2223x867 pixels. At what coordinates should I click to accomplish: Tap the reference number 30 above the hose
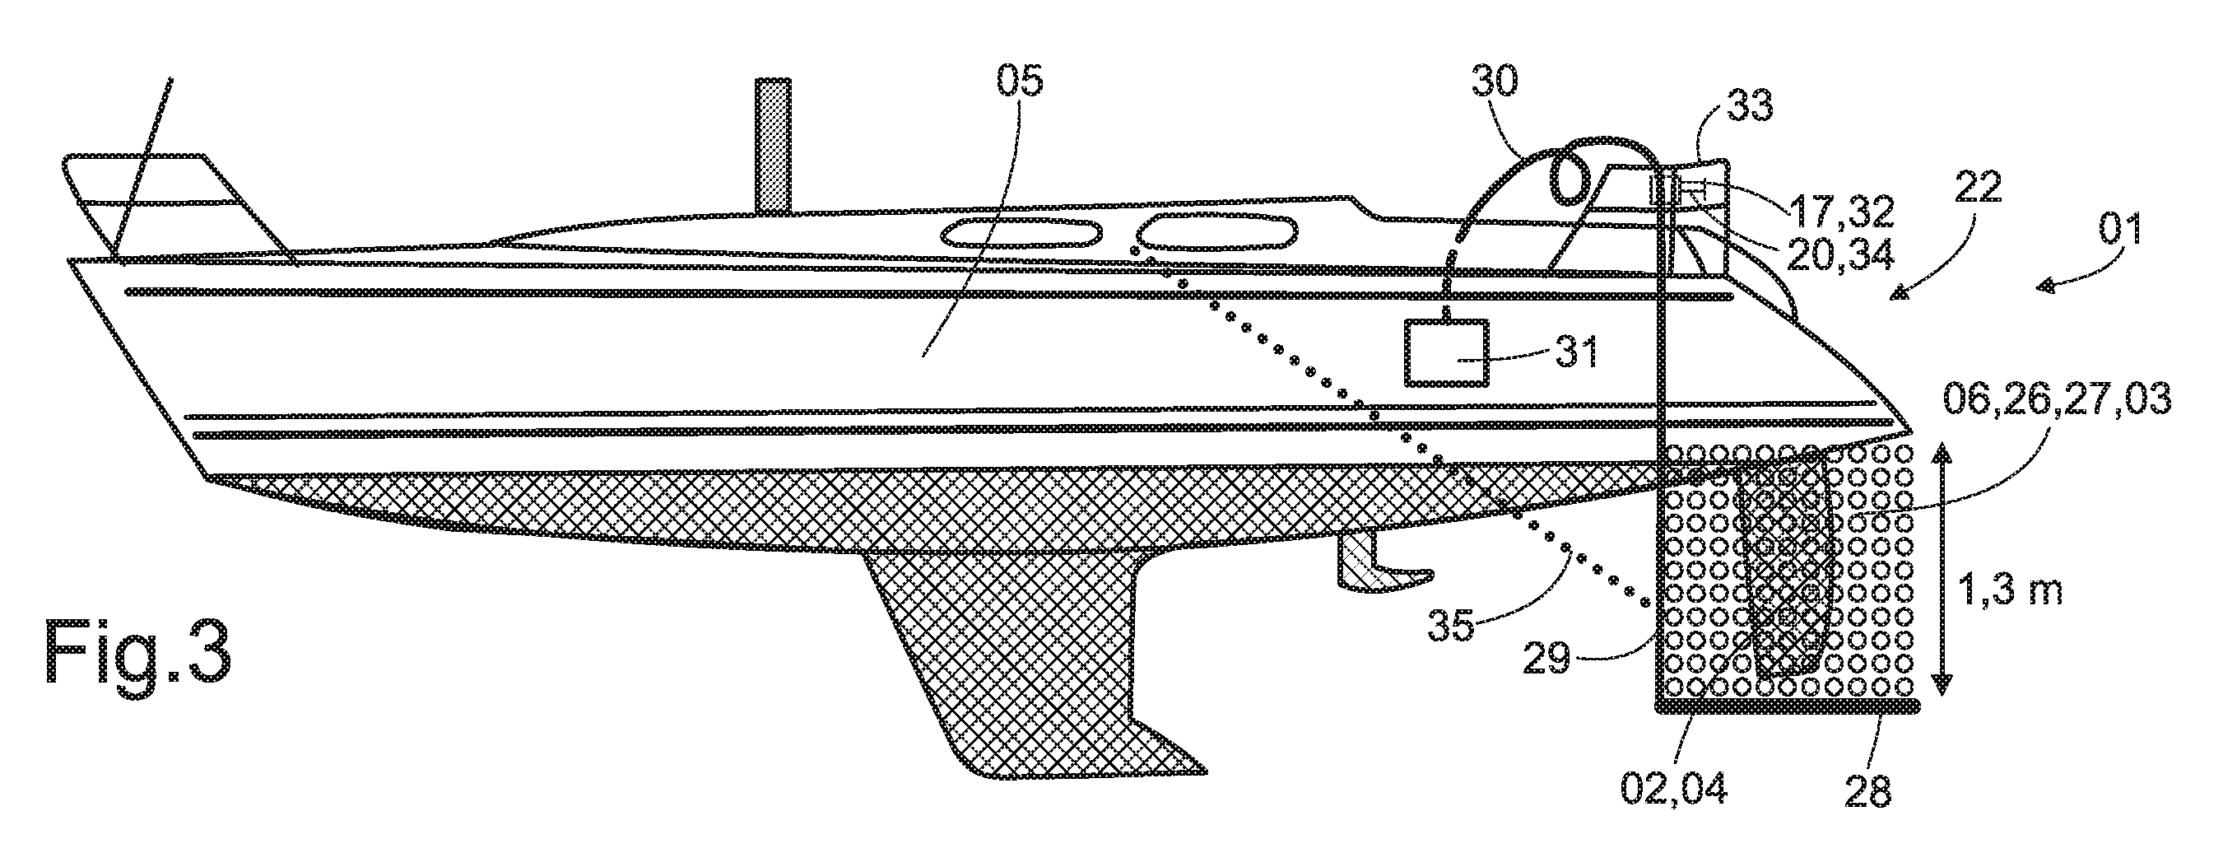coord(1496,82)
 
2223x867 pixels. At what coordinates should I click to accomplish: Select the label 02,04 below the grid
coord(1673,790)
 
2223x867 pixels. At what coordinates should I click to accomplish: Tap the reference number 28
coord(1867,790)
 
